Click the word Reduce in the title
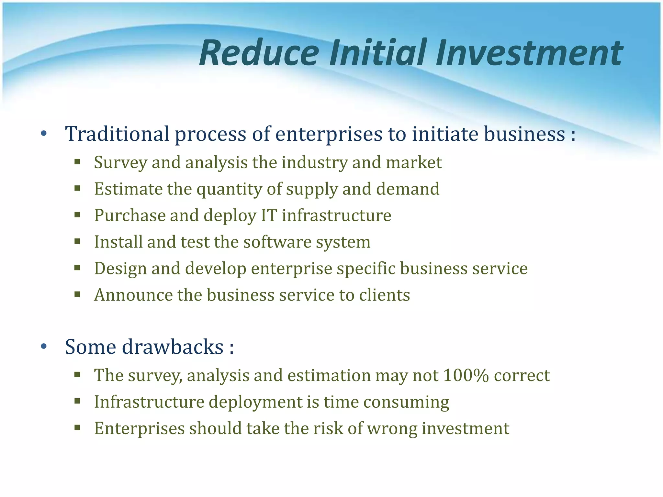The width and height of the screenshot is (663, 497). click(259, 53)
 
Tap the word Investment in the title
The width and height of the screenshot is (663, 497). click(529, 53)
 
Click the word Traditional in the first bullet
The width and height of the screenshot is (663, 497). click(117, 134)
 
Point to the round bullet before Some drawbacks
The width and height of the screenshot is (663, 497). click(44, 347)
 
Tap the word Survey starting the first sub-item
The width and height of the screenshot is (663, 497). click(120, 163)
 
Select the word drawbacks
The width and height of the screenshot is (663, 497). click(173, 347)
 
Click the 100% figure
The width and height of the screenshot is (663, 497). click(466, 375)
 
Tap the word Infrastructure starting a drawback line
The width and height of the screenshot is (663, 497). click(149, 402)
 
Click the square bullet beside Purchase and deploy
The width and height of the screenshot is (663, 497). click(77, 215)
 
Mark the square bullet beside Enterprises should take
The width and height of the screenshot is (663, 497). click(77, 428)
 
